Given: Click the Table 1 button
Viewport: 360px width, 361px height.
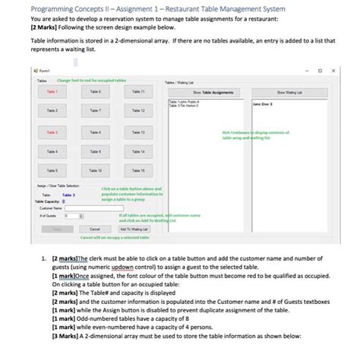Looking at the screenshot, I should coord(52,90).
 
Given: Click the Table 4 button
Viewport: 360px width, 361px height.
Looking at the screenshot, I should coord(52,151).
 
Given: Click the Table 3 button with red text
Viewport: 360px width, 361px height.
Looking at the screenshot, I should coord(52,132).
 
